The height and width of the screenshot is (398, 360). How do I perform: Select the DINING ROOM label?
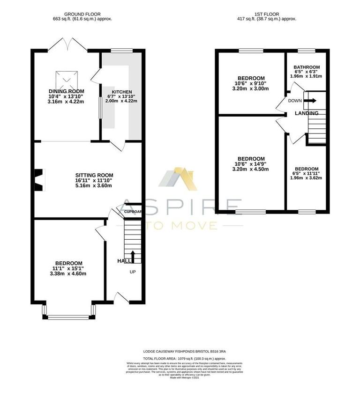click(x=67, y=91)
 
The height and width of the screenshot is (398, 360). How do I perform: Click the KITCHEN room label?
click(x=121, y=92)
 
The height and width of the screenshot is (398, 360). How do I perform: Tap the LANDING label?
click(x=307, y=113)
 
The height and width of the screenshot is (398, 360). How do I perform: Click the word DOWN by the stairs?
click(x=295, y=101)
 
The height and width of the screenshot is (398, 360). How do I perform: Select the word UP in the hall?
click(x=132, y=272)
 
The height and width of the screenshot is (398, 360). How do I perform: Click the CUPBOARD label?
click(x=133, y=212)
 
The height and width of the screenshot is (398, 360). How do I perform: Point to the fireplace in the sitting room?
click(x=39, y=180)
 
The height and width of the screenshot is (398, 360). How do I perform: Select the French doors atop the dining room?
click(x=67, y=44)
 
